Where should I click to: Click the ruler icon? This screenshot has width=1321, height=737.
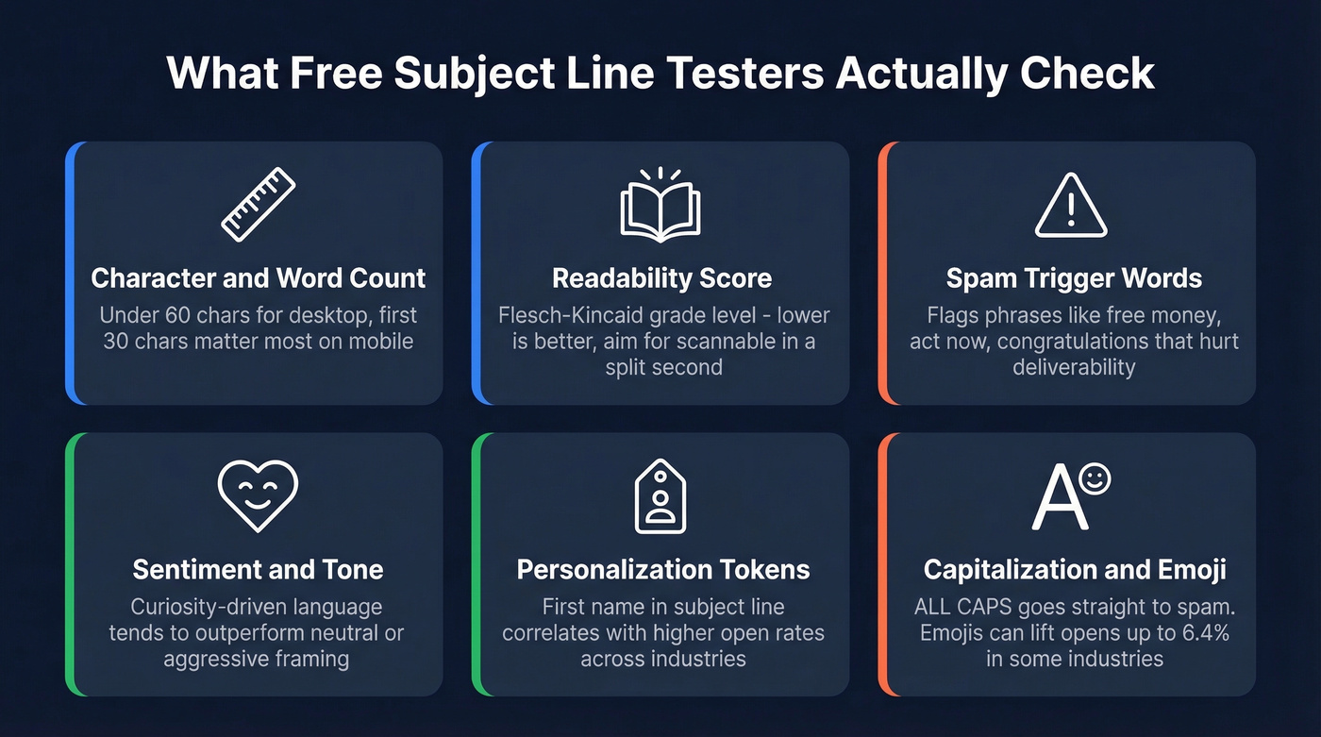(x=258, y=204)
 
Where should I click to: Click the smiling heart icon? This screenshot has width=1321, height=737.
(x=258, y=495)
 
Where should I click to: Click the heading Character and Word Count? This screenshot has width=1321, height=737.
(x=258, y=278)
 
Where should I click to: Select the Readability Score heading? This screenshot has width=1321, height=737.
(x=661, y=278)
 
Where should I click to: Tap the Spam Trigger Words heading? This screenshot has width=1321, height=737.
(x=1074, y=278)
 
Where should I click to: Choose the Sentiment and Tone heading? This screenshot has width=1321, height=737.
(x=258, y=570)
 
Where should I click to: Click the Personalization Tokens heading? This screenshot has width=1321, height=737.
(x=662, y=570)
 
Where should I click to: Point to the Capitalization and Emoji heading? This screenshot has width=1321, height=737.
(x=1074, y=570)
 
